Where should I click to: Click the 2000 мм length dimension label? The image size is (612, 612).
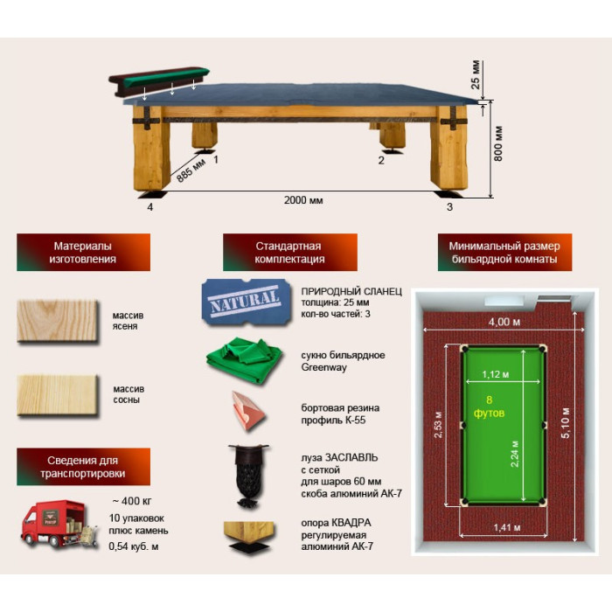tap(303, 200)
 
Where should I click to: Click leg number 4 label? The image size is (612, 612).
tap(150, 207)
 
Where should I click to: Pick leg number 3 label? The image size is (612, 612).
tap(449, 207)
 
